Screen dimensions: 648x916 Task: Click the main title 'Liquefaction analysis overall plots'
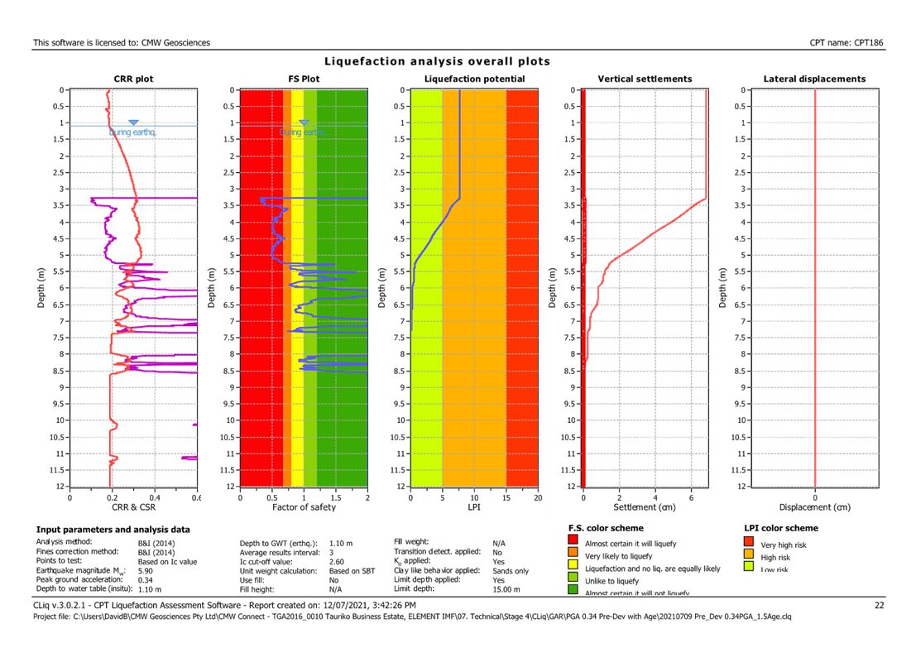[437, 62]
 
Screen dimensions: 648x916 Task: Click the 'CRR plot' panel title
[133, 79]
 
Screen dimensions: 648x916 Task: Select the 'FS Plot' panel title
[304, 79]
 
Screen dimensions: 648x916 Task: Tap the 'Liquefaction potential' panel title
[474, 79]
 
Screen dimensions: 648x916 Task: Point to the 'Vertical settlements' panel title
[645, 79]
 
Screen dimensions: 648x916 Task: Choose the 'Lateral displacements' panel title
[815, 79]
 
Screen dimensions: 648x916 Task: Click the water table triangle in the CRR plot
[133, 122]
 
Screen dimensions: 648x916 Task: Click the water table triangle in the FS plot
[304, 122]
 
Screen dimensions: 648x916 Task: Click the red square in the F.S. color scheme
[573, 543]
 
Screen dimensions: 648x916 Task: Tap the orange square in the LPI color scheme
[748, 555]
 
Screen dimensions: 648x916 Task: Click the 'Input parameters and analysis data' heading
[113, 529]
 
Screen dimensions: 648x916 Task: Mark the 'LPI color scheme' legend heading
[782, 528]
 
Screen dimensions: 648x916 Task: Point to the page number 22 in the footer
[880, 606]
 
